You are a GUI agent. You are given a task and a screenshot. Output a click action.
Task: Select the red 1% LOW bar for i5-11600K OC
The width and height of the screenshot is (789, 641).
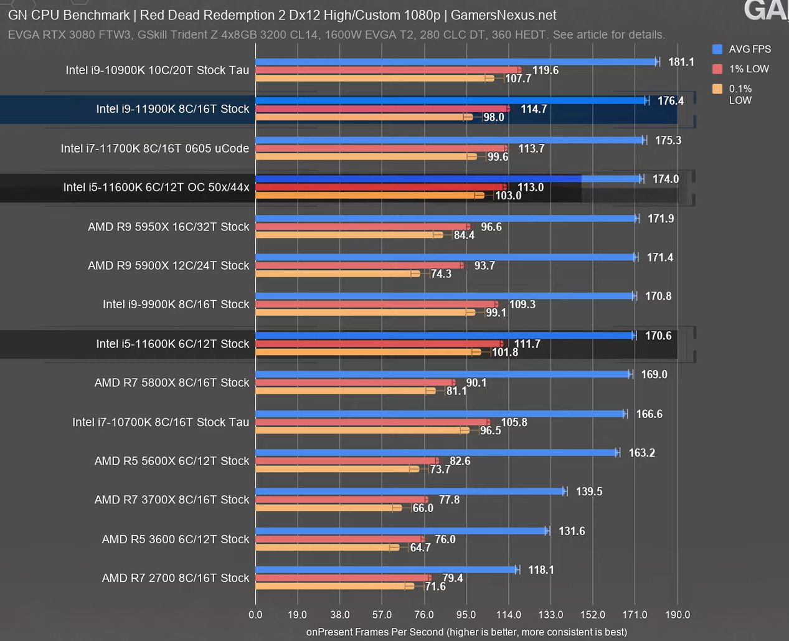pyautogui.click(x=380, y=187)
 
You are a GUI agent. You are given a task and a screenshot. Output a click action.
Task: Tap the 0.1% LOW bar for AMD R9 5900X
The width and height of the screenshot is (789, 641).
pyautogui.click(x=337, y=273)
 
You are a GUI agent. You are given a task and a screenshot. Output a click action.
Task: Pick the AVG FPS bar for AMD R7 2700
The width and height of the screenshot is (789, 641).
pyautogui.click(x=386, y=569)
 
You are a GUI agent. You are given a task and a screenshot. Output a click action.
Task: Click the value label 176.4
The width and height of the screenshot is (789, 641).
pyautogui.click(x=671, y=101)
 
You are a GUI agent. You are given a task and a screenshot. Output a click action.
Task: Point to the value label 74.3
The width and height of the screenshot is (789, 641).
pyautogui.click(x=441, y=274)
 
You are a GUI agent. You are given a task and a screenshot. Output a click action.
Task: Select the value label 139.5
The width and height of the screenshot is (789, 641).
pyautogui.click(x=589, y=491)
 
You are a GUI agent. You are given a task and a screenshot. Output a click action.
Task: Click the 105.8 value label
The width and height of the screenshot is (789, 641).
pyautogui.click(x=514, y=422)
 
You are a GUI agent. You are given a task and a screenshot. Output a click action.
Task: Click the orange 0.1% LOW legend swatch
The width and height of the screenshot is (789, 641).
pyautogui.click(x=717, y=89)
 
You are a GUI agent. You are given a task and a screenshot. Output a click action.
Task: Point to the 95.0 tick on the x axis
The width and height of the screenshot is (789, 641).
pyautogui.click(x=466, y=615)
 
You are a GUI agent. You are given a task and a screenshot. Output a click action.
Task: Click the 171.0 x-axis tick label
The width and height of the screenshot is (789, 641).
pyautogui.click(x=635, y=615)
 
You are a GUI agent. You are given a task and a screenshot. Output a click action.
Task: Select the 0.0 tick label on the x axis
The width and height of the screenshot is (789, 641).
pyautogui.click(x=255, y=615)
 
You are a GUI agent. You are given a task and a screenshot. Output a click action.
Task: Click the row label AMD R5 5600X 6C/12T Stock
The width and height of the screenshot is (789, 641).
pyautogui.click(x=172, y=461)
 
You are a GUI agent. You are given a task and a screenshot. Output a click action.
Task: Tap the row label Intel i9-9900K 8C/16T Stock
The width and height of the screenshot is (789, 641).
pyautogui.click(x=176, y=304)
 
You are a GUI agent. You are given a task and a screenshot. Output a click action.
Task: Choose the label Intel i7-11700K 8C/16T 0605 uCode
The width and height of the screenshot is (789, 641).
pyautogui.click(x=155, y=148)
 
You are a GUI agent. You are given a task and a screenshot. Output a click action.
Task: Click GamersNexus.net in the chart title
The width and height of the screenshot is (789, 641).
pyautogui.click(x=503, y=15)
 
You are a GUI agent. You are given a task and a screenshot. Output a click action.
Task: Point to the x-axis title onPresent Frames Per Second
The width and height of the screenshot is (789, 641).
pyautogui.click(x=466, y=632)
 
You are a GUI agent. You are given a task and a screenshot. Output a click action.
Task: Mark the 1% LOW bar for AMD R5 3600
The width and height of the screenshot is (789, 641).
pyautogui.click(x=339, y=539)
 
